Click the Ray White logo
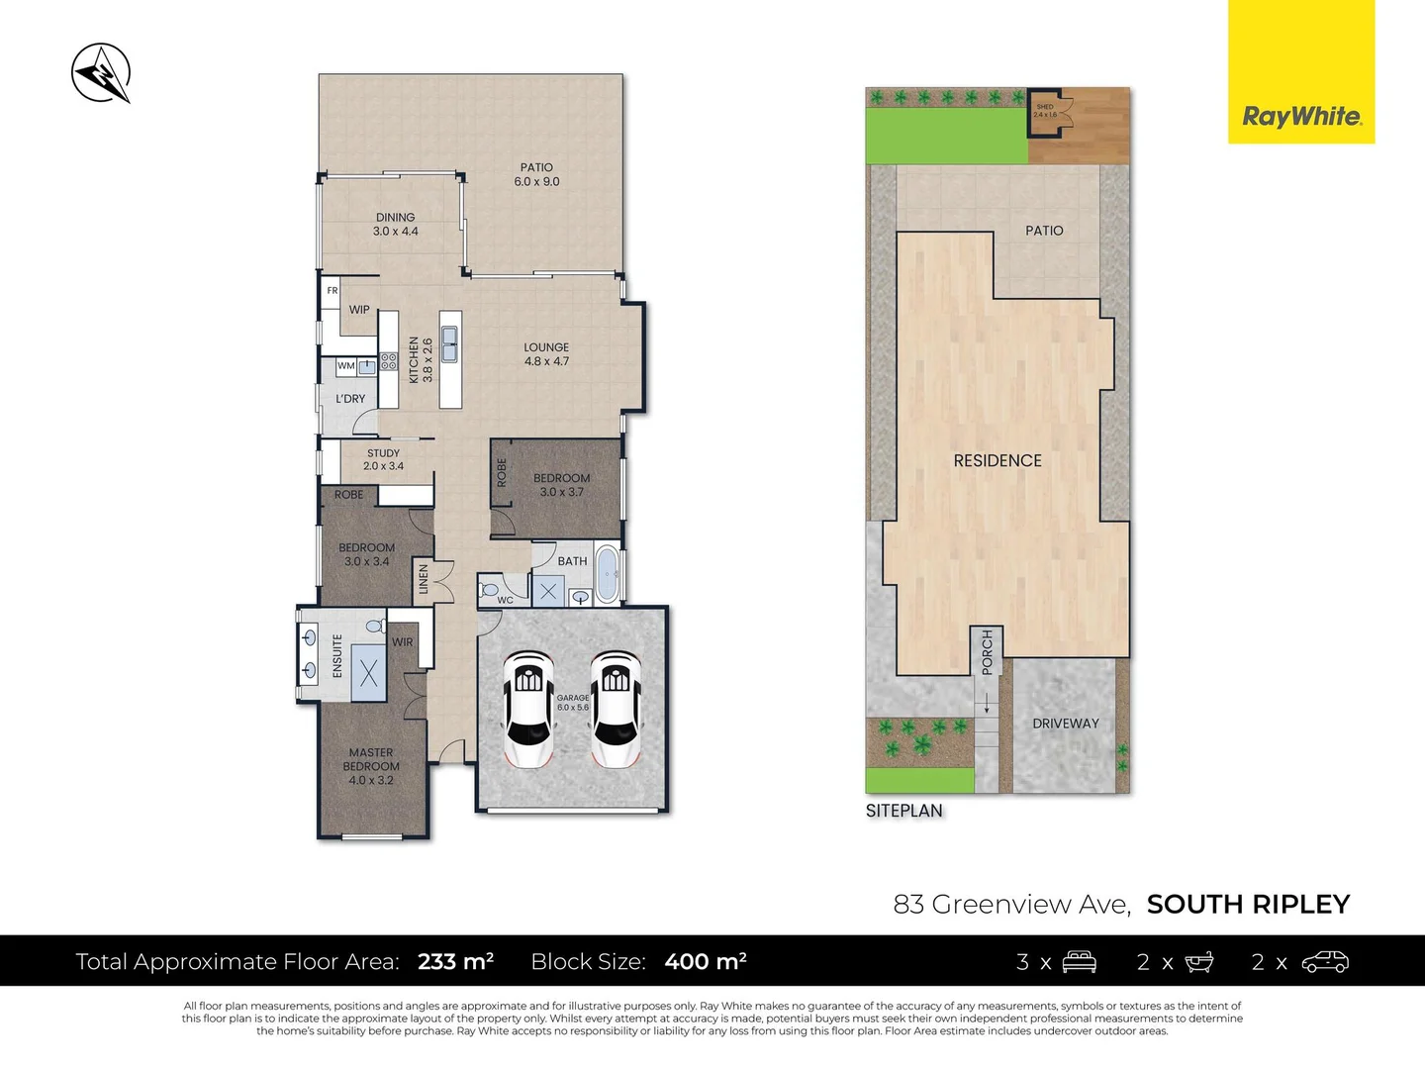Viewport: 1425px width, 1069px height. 1301,117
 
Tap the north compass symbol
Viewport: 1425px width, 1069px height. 101,73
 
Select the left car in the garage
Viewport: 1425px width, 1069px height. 527,709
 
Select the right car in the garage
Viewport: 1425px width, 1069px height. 615,709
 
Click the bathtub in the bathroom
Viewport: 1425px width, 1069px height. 607,573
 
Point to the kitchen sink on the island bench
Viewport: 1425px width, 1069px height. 450,343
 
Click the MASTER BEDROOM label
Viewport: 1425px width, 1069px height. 371,765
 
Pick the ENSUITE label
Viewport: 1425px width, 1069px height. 337,655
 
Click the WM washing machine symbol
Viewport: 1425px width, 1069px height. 345,366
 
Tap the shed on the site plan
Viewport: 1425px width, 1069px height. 1045,111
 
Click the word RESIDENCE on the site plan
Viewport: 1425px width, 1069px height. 997,460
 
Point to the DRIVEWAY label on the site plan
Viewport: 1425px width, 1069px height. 1065,724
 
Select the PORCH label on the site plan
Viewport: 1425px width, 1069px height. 987,653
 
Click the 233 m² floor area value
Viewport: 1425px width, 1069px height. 455,961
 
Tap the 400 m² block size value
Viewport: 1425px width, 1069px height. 706,961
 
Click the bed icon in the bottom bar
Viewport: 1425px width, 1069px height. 1079,961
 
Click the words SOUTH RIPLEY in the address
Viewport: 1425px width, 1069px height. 1248,904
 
